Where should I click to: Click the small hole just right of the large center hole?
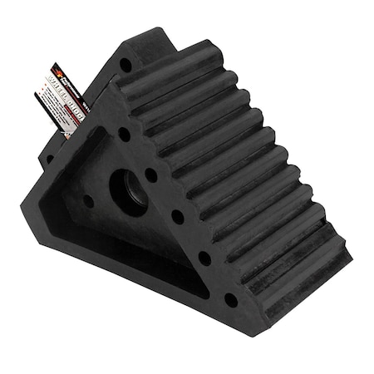pyautogui.click(x=153, y=175)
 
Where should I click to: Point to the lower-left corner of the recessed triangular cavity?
pyautogui.click(x=60, y=218)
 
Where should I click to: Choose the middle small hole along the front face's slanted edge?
pyautogui.click(x=178, y=217)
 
